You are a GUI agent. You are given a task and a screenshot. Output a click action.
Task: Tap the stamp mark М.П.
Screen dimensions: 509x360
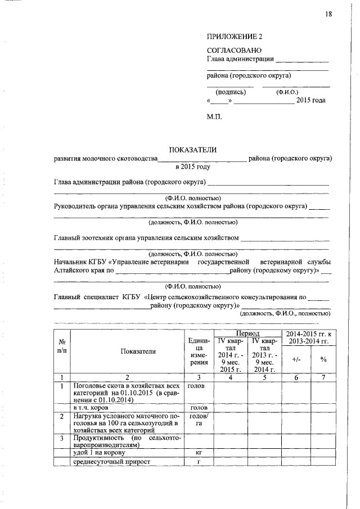pos(215,117)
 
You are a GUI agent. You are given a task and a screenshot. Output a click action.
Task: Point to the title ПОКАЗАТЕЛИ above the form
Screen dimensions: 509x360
pos(192,150)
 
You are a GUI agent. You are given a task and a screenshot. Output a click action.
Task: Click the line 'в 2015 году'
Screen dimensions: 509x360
pos(192,167)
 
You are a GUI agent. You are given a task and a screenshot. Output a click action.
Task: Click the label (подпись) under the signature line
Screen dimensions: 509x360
pos(230,92)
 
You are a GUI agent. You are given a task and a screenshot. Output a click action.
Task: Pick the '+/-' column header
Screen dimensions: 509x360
pos(296,359)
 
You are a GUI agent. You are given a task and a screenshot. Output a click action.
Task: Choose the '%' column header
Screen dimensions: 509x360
pos(323,359)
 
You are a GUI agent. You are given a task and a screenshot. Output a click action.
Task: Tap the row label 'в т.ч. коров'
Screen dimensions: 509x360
pos(93,407)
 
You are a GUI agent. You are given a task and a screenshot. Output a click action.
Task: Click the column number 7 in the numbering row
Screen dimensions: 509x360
pos(323,377)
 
